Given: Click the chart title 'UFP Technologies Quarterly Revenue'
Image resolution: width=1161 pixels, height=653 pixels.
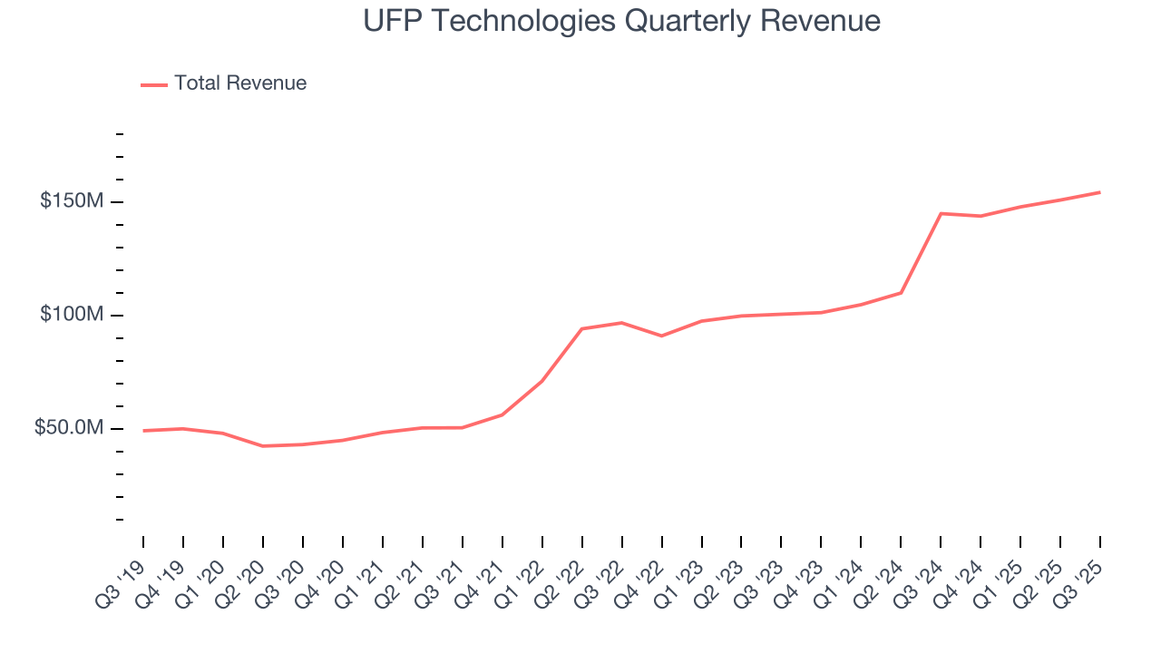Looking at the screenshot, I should pyautogui.click(x=621, y=21).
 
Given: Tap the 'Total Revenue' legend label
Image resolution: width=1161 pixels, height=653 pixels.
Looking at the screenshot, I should pyautogui.click(x=240, y=83).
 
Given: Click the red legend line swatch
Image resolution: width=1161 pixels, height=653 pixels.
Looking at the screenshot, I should pyautogui.click(x=154, y=84).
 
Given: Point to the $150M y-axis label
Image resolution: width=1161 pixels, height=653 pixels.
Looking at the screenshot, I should pyautogui.click(x=71, y=201).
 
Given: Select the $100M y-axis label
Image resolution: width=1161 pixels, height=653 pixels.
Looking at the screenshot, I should pyautogui.click(x=71, y=315).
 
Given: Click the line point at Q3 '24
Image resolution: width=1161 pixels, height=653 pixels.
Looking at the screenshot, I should pyautogui.click(x=941, y=213).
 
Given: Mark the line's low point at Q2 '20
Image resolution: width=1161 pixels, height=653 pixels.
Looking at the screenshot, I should pyautogui.click(x=263, y=446).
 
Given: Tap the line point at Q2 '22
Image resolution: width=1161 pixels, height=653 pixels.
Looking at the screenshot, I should pyautogui.click(x=581, y=328).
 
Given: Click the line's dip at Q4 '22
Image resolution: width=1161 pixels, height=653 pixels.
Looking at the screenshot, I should pyautogui.click(x=661, y=336).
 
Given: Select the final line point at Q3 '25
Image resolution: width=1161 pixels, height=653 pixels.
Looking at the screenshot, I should pyautogui.click(x=1099, y=192).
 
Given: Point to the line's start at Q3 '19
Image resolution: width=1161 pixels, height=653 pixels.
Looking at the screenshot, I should pyautogui.click(x=143, y=431).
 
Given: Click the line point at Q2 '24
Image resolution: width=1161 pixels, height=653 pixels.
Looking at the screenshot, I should pyautogui.click(x=901, y=293).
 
